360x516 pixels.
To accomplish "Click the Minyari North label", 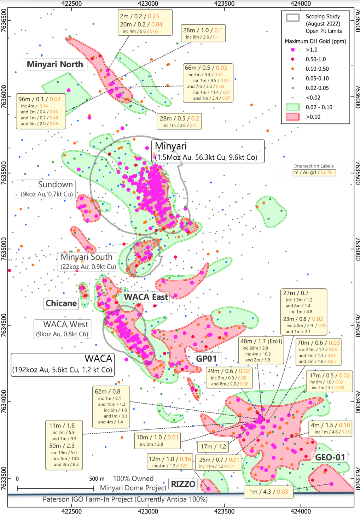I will coord(56,64).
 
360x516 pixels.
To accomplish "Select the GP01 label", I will coord(207,359).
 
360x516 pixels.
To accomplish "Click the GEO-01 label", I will coord(330,457).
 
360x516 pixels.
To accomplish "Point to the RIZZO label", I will coord(183,484).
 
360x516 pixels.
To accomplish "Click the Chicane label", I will coord(61,303).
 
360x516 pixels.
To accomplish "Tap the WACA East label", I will coord(146,297).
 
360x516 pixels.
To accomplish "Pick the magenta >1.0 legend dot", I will coord(292,50).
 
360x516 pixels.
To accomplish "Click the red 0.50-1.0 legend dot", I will coord(292,59).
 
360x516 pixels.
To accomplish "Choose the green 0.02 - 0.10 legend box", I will coord(293,107).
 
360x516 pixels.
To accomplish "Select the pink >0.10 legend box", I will coord(293,117).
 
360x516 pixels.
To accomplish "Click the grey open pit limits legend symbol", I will coord(293,18).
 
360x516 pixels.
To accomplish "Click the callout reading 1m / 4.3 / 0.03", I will coord(268,492).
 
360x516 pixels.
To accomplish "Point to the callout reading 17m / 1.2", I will coord(213,447).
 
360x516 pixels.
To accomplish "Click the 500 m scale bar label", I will coord(97,479).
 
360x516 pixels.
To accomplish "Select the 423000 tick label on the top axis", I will coord(148,4).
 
